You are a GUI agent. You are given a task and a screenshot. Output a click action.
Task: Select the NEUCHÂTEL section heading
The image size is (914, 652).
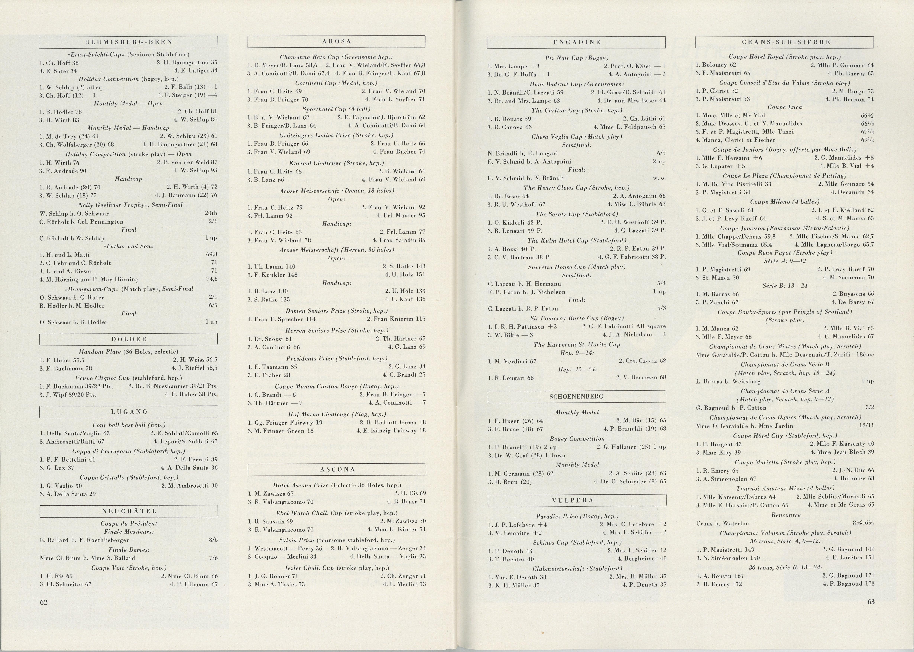pyautogui.click(x=128, y=511)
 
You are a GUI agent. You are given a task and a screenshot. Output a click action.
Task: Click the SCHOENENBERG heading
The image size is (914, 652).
pyautogui.click(x=576, y=396)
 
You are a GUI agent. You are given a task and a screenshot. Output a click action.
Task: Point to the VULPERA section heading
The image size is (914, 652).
pyautogui.click(x=576, y=500)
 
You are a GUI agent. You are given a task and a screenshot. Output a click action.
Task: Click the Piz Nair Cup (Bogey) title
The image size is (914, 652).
pyautogui.click(x=576, y=58)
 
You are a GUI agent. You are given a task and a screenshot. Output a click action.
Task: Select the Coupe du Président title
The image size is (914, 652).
pyautogui.click(x=128, y=523)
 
